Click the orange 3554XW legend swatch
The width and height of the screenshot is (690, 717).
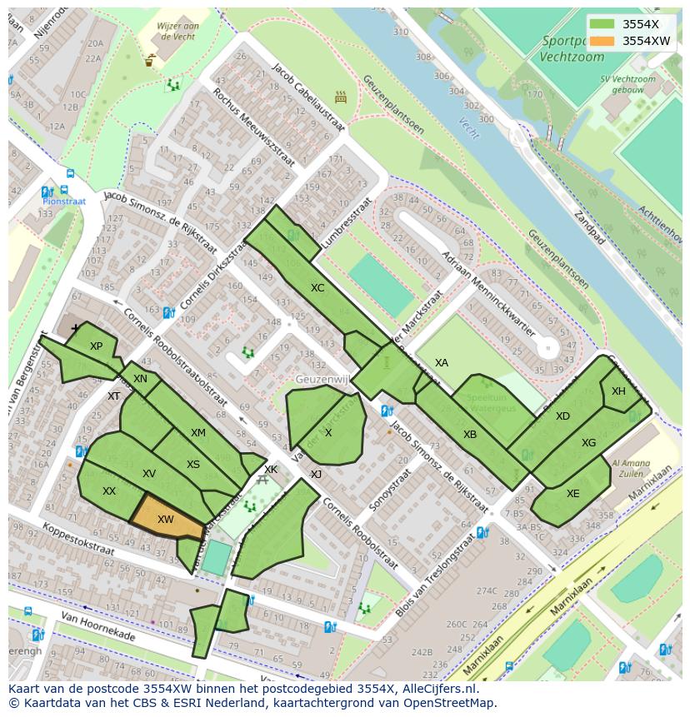[x=603, y=41]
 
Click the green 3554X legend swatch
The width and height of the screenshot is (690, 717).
[x=603, y=24]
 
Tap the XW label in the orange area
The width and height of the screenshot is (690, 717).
[x=166, y=520]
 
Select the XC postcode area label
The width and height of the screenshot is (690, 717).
[x=317, y=288]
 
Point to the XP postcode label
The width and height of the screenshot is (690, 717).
[x=96, y=346]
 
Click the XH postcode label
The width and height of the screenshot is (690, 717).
[x=618, y=391]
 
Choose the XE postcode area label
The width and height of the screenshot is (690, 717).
[x=572, y=494]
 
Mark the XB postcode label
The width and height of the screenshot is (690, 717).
[x=470, y=435]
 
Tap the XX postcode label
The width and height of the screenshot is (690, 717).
[x=109, y=491]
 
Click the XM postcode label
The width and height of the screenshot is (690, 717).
[x=197, y=433]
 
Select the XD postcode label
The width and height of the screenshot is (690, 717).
[x=562, y=416]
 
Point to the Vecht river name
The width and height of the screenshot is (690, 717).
[x=469, y=127]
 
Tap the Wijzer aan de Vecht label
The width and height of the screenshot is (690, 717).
[x=177, y=31]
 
